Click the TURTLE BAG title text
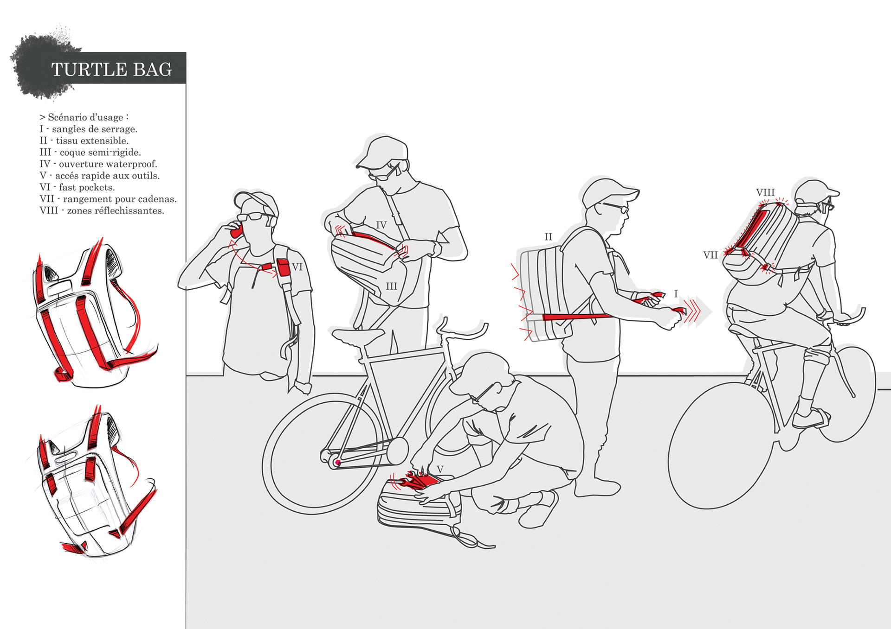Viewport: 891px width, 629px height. pyautogui.click(x=111, y=70)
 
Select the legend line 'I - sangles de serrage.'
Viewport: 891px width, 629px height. pyautogui.click(x=88, y=129)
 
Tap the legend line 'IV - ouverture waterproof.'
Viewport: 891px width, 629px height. pyautogui.click(x=98, y=164)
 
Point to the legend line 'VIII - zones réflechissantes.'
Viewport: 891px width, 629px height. pyautogui.click(x=102, y=211)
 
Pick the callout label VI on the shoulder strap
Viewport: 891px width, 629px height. pyautogui.click(x=297, y=267)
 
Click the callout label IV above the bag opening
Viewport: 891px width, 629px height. pyautogui.click(x=381, y=225)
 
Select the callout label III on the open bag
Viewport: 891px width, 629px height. pyautogui.click(x=392, y=286)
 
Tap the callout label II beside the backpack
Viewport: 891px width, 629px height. pyautogui.click(x=548, y=237)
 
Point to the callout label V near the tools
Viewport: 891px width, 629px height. pyautogui.click(x=440, y=470)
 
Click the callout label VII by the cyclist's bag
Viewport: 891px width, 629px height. pyautogui.click(x=710, y=255)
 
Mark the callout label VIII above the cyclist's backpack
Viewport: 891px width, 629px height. pyautogui.click(x=765, y=193)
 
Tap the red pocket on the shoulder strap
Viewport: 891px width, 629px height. pyautogui.click(x=283, y=267)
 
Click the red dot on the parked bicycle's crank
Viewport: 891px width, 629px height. pyautogui.click(x=337, y=463)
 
